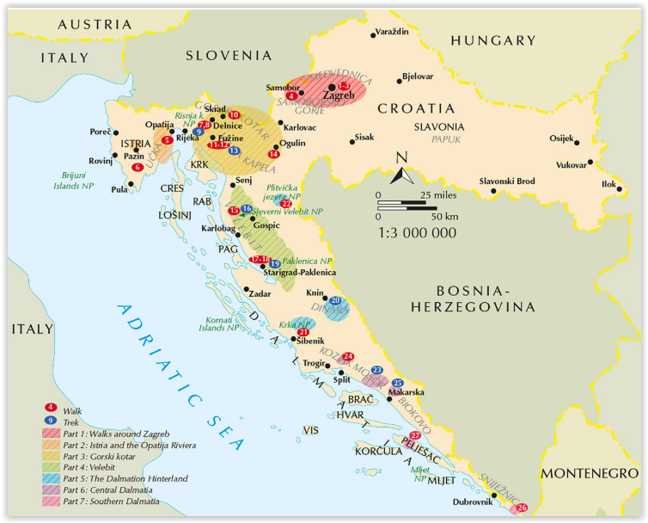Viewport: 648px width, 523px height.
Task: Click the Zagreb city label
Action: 350,95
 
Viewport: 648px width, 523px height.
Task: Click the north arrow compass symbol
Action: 400,170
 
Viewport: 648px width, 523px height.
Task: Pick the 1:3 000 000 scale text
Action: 417,232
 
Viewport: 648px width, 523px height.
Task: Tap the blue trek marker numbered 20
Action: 336,300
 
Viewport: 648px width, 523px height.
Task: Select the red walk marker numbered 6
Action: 138,167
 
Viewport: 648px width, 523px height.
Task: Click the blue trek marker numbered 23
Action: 376,369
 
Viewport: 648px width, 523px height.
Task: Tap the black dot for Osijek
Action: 577,143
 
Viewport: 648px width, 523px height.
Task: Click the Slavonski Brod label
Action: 506,181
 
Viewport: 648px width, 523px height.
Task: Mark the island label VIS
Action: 310,429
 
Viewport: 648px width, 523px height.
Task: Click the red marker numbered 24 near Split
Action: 348,356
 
